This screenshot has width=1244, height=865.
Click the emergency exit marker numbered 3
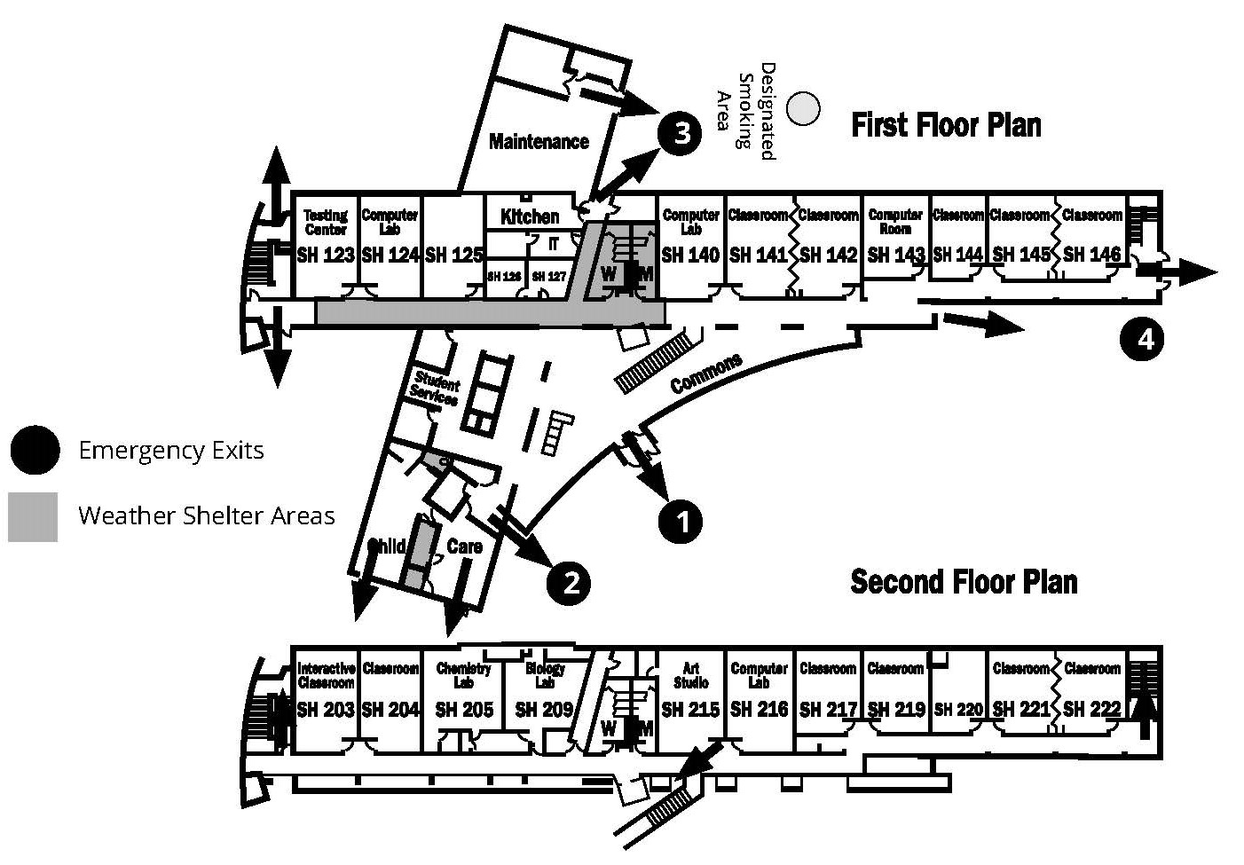(681, 134)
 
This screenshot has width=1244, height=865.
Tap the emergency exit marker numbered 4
(1144, 339)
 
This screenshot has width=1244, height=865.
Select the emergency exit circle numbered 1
(681, 522)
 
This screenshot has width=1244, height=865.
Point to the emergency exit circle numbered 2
(569, 582)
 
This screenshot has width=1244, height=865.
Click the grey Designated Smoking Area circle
(804, 108)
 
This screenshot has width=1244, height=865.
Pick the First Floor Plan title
(946, 125)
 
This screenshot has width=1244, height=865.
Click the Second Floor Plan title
(964, 582)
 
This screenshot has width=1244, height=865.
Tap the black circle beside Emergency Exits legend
(35, 450)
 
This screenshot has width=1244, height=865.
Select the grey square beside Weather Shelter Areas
(33, 516)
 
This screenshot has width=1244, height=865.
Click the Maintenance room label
(539, 142)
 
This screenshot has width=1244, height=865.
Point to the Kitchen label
(530, 216)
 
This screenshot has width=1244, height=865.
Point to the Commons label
(706, 374)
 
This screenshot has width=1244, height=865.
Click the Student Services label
(435, 389)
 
